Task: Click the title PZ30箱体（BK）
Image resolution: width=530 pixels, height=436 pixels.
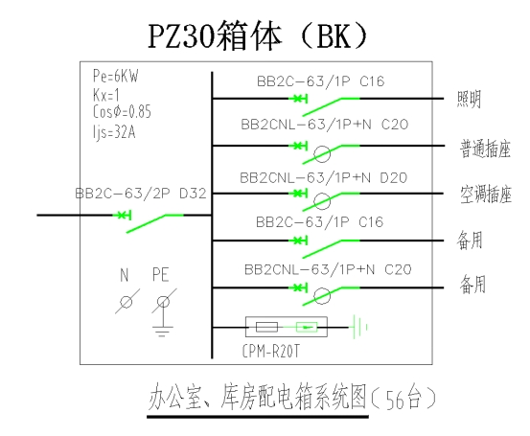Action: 258,35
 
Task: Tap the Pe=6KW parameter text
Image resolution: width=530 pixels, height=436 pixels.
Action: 116,76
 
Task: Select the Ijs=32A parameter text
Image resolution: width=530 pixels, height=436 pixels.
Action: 114,132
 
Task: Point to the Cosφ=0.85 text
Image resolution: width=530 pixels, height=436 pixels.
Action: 122,111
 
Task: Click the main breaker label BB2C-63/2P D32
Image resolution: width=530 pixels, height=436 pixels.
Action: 141,194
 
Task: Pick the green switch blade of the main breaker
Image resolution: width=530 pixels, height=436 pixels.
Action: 155,223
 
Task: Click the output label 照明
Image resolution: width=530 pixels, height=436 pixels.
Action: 469,100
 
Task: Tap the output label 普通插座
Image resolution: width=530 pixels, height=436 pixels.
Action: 485,149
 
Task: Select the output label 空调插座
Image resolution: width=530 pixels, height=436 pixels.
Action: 486,195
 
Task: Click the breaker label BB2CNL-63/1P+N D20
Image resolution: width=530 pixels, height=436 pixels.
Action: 324,178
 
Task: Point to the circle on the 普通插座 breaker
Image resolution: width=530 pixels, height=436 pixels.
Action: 322,154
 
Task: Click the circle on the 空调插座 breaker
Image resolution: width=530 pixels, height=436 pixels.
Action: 322,202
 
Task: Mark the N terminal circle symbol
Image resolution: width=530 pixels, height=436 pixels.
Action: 127,302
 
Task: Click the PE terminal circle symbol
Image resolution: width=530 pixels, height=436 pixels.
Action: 164,302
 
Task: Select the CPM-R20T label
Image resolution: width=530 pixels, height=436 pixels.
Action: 270,352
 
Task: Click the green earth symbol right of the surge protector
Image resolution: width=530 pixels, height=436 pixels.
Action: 360,327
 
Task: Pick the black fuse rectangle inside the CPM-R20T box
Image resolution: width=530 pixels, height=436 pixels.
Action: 266,327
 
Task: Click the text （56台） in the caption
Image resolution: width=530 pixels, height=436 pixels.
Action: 403,400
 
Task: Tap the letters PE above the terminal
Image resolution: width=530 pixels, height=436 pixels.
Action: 161,274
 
